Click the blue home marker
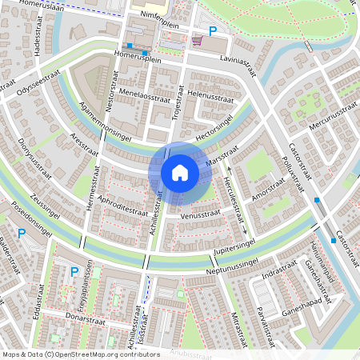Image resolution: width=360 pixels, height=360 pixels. click(x=179, y=172)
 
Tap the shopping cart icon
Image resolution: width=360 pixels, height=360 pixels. click(x=197, y=39)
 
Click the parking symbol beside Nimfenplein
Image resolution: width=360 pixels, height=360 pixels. click(x=213, y=31)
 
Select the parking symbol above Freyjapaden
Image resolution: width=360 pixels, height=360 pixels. click(x=74, y=272)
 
